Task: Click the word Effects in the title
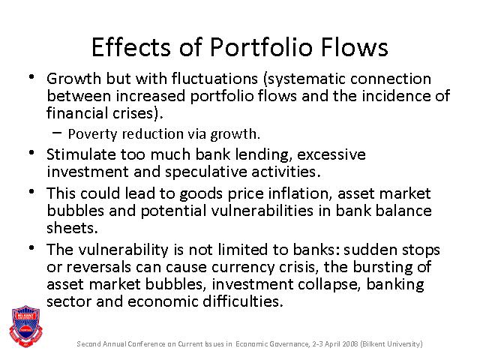131,47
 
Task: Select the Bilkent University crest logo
25,325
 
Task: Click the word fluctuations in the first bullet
214,78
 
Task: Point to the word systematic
305,79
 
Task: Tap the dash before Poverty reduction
57,132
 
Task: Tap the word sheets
72,228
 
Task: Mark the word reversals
98,267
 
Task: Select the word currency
243,267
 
